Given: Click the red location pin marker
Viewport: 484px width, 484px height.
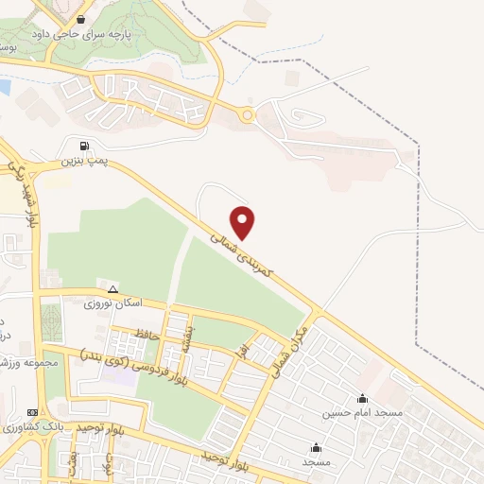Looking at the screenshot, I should (x=244, y=222).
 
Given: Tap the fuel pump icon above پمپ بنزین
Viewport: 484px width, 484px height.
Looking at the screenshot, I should (x=85, y=146).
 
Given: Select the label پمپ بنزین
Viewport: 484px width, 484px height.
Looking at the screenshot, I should (x=82, y=162).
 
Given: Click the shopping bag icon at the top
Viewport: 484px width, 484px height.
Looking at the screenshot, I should (x=81, y=18).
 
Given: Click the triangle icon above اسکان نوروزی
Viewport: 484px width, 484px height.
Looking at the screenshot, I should (x=113, y=289).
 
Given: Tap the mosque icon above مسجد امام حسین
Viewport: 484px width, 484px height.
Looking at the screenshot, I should (x=363, y=398).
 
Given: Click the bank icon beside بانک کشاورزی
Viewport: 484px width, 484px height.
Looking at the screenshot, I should (x=34, y=413).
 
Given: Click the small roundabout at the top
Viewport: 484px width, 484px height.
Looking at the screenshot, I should (x=248, y=116).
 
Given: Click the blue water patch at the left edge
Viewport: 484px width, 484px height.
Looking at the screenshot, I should (x=4, y=87).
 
